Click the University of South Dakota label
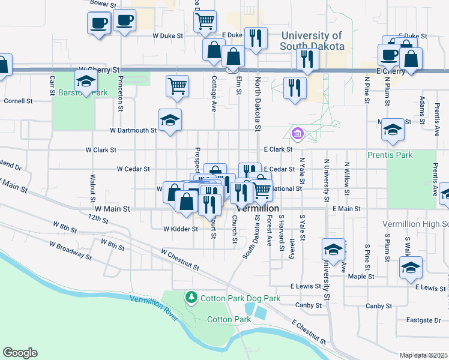click(x=312, y=41)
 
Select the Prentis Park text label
click(x=390, y=155)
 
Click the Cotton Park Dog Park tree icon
click(x=191, y=298)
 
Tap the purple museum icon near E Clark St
click(x=297, y=133)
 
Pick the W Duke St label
click(x=167, y=35)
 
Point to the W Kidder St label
click(x=180, y=229)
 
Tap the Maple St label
click(x=365, y=277)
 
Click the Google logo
click(x=20, y=352)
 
